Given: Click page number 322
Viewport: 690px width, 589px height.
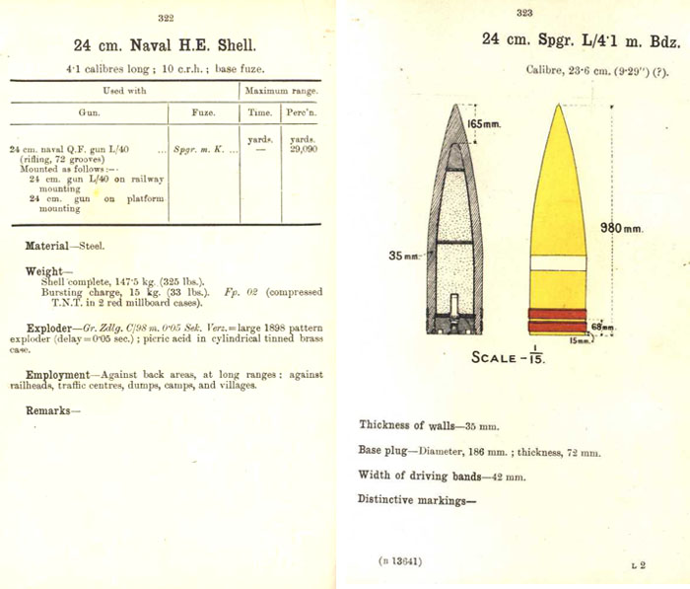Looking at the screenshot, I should (166, 18).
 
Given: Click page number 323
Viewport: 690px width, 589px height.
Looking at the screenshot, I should (523, 13).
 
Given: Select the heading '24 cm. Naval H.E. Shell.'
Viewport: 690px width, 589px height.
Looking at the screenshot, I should (166, 45).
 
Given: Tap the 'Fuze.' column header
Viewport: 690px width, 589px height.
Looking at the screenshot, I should (204, 112).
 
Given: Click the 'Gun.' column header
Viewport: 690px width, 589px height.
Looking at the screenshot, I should (89, 112).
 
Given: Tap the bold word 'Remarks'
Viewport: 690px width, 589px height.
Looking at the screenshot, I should (47, 410).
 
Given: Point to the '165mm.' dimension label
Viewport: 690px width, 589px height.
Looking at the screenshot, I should (483, 125).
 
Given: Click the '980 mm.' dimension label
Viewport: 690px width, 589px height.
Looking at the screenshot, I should (621, 229).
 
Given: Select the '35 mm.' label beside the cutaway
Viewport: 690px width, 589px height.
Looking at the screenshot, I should (402, 256).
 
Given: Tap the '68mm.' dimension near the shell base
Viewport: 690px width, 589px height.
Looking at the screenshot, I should (601, 327).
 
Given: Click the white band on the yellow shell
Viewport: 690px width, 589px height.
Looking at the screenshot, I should (558, 263).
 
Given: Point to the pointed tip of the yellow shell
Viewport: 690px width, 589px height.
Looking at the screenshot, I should (559, 106).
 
